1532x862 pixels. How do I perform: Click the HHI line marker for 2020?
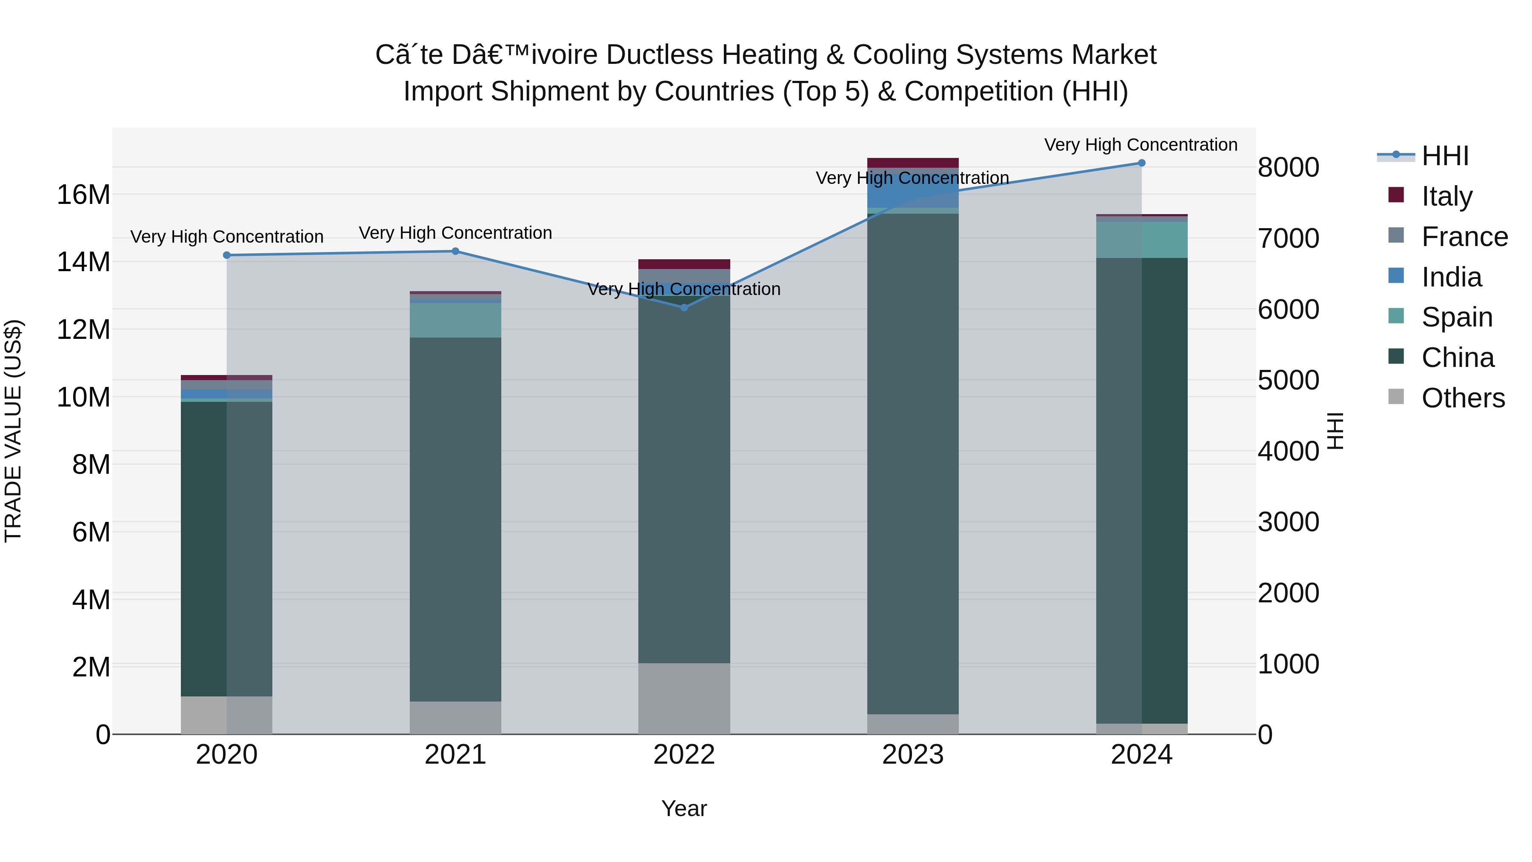[x=226, y=255]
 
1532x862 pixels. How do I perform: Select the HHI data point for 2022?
[x=684, y=308]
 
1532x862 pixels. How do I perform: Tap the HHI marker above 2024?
[x=1141, y=163]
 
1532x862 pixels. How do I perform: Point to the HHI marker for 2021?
[x=455, y=251]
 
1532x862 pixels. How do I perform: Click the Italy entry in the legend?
[x=1446, y=196]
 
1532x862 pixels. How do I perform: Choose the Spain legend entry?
[x=1457, y=317]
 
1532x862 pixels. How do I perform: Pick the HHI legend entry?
[x=1445, y=156]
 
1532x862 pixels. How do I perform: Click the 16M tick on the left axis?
[x=83, y=195]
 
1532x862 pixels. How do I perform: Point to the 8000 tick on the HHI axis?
[x=1288, y=167]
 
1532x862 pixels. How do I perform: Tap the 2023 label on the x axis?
[x=912, y=755]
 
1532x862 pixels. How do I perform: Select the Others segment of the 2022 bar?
[x=684, y=699]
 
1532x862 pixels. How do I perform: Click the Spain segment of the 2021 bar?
[x=455, y=320]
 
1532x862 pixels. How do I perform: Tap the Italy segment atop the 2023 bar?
[x=912, y=163]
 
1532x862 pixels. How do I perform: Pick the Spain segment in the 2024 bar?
[x=1141, y=240]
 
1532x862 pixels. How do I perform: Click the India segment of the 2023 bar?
[x=912, y=193]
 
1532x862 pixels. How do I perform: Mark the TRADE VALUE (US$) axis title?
[x=13, y=431]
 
